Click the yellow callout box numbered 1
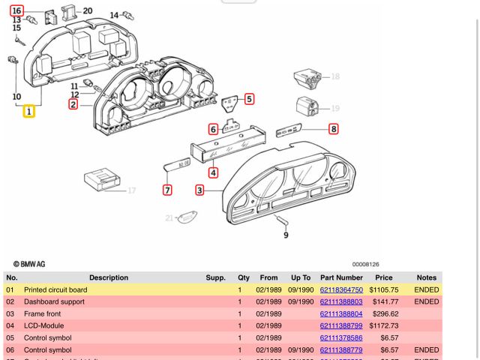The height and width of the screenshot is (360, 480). tap(28, 112)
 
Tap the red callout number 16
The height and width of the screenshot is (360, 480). tap(17, 11)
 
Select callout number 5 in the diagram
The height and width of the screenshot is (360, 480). tap(249, 98)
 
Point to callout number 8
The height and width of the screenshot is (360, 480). tap(333, 129)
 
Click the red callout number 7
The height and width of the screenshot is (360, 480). tap(167, 190)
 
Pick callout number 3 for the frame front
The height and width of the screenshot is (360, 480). tap(199, 190)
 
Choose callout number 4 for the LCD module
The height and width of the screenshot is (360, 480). tap(213, 173)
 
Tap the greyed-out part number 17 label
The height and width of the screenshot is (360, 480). tap(131, 190)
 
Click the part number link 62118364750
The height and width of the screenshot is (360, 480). tap(341, 289)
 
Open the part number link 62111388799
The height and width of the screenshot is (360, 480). tap(341, 325)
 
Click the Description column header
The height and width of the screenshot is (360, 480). tap(109, 277)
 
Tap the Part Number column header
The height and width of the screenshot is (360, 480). tap(341, 277)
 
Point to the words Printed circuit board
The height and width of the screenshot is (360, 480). tap(55, 289)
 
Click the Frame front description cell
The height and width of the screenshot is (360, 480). tap(43, 313)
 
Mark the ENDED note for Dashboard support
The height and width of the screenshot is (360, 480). tap(427, 301)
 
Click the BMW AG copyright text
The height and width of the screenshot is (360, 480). tap(28, 264)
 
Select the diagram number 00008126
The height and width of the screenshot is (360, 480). tap(366, 264)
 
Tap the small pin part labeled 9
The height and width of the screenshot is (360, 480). tap(283, 220)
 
